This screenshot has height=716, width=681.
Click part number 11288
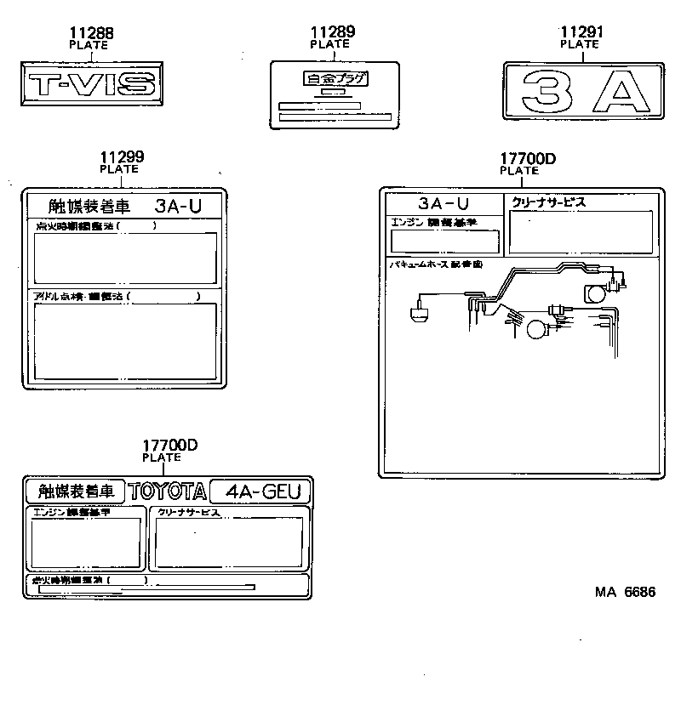coord(91,33)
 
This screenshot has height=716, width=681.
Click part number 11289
coord(333,33)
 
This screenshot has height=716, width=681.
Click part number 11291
coord(582,33)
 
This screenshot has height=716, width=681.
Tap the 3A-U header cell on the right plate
coord(444,203)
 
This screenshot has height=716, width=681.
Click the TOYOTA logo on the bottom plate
coord(168,492)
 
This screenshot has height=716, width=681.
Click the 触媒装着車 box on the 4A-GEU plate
coord(74,492)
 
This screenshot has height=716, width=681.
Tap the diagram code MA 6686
coord(624,592)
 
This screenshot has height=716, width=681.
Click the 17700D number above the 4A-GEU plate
coord(169,446)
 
